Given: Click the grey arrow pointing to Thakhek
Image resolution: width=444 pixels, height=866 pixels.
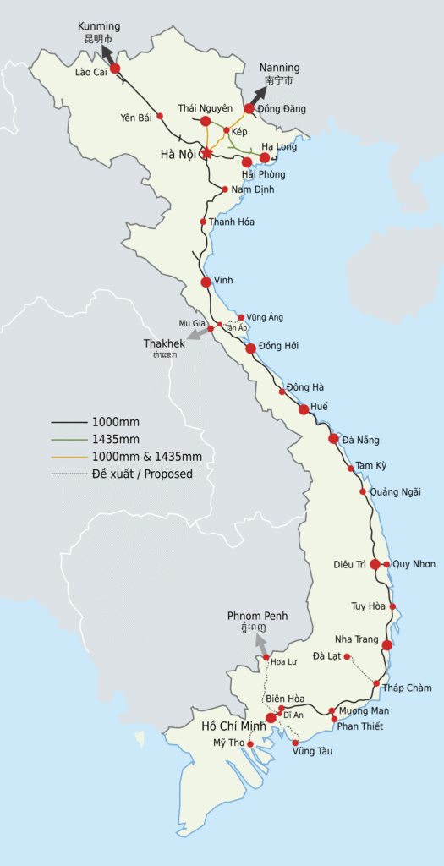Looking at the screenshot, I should (x=196, y=333).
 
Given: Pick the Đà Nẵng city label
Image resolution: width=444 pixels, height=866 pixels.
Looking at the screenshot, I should (x=361, y=440).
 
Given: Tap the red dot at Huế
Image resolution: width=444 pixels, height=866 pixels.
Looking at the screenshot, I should (x=304, y=409).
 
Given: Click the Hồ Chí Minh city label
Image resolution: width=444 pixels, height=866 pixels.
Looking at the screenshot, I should (x=233, y=726).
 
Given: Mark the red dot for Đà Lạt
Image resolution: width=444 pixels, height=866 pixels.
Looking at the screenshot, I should (x=347, y=656).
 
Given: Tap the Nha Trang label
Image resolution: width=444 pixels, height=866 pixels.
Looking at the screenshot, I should (x=355, y=639).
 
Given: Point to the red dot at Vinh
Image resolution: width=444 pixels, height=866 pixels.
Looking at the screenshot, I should (x=206, y=282).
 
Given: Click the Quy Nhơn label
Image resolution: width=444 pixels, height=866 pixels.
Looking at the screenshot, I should (x=414, y=564).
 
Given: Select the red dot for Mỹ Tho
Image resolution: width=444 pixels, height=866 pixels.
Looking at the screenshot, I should (x=250, y=744).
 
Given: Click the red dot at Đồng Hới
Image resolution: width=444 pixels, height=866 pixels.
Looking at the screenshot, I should (x=250, y=348).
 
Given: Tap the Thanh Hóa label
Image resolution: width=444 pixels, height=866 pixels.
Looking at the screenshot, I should (x=232, y=222).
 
